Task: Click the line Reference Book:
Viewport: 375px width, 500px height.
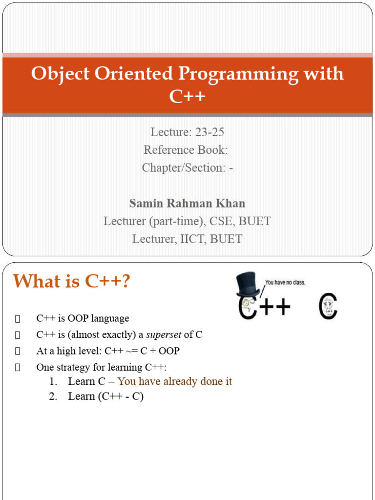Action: click(186, 150)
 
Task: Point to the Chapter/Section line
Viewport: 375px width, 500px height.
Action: click(187, 167)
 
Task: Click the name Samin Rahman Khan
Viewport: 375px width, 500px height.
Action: click(187, 203)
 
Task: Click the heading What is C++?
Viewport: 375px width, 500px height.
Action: click(71, 281)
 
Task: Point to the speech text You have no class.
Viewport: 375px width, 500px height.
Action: click(285, 282)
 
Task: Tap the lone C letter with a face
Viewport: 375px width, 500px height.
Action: click(328, 307)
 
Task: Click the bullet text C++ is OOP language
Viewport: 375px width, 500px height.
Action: click(83, 318)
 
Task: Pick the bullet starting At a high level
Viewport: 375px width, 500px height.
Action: click(107, 351)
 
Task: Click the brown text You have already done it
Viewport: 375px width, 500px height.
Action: click(175, 381)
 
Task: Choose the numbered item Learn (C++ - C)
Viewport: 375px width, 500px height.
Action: click(105, 396)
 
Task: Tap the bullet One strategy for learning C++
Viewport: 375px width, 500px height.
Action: click(101, 367)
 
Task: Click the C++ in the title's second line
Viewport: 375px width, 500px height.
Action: click(187, 97)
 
